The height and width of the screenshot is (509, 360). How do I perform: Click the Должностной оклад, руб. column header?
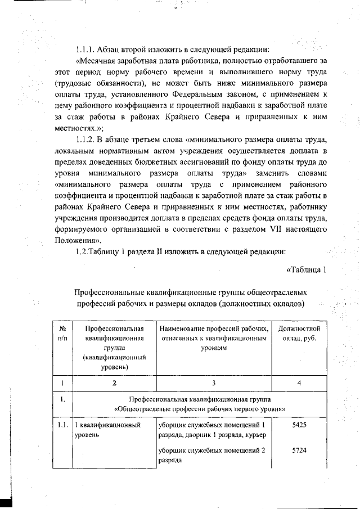[x=299, y=333]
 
